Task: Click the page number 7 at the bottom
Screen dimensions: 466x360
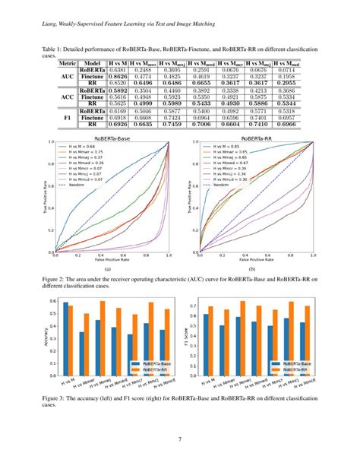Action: (x=180, y=438)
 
